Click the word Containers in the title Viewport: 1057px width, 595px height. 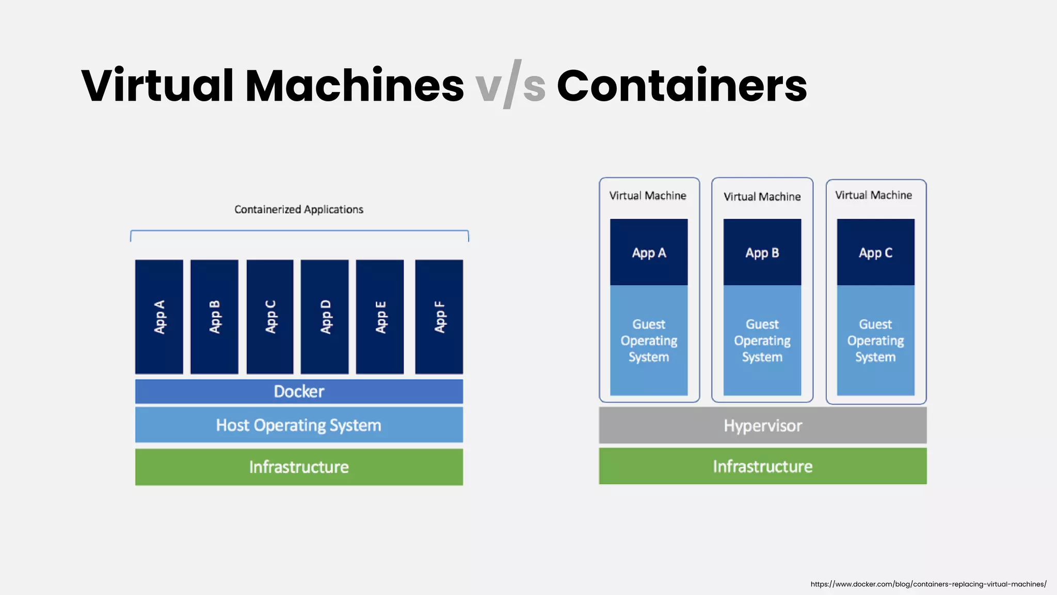(x=681, y=86)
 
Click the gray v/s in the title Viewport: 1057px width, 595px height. (x=510, y=86)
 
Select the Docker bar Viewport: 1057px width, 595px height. (x=299, y=392)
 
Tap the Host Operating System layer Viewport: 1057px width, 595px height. (x=299, y=425)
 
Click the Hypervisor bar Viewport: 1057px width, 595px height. (x=762, y=426)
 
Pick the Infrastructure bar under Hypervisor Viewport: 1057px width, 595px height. (x=762, y=466)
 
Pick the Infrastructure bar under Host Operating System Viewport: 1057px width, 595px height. (x=299, y=467)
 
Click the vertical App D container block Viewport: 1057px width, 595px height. (x=325, y=317)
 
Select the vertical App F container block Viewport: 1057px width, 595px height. (x=439, y=317)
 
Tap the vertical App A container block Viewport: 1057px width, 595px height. (x=159, y=317)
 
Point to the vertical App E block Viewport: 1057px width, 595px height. (x=380, y=317)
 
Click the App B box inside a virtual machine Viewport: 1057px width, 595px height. (x=762, y=253)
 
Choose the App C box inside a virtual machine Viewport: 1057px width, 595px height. (x=875, y=253)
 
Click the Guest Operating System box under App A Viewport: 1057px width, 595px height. (x=649, y=340)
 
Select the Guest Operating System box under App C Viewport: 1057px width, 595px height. (x=875, y=340)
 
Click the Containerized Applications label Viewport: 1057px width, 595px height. (x=299, y=210)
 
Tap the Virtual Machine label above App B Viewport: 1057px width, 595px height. (x=762, y=197)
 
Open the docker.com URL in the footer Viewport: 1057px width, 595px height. (x=928, y=584)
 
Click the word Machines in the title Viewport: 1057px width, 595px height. (x=354, y=86)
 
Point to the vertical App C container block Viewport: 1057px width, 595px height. (x=270, y=317)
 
